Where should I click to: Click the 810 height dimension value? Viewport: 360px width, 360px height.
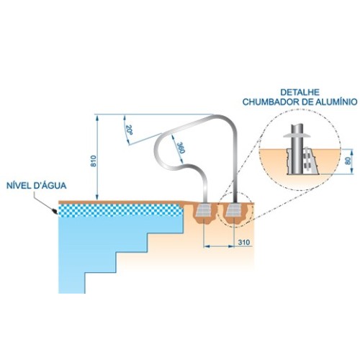94,161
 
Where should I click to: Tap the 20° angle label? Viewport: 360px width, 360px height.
130,130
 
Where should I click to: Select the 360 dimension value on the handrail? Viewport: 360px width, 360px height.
181,148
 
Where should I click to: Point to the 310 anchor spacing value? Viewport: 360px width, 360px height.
244,243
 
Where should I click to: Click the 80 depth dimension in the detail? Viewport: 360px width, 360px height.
348,161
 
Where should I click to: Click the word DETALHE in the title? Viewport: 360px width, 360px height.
300,92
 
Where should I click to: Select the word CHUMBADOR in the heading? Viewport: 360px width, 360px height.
269,102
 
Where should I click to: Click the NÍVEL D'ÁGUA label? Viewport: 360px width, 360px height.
36,186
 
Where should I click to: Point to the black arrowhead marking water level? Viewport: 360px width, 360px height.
54,211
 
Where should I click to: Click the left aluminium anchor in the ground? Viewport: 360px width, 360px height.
204,210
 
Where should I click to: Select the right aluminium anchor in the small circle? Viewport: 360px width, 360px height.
234,210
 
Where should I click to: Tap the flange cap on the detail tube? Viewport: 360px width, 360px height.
297,136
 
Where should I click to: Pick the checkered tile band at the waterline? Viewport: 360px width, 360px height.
121,210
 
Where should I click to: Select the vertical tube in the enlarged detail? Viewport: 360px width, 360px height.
297,149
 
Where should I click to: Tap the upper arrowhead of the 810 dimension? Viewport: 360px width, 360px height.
97,117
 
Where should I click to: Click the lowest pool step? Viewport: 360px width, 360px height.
72,283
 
